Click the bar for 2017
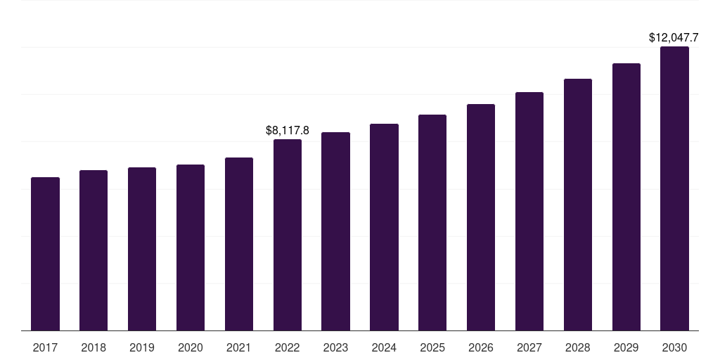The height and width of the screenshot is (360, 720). pyautogui.click(x=45, y=254)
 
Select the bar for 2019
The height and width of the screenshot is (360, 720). pyautogui.click(x=142, y=249)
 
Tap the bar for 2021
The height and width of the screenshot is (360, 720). pyautogui.click(x=239, y=244)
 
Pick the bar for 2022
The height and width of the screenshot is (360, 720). pyautogui.click(x=288, y=235)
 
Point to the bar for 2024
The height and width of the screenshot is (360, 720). pyautogui.click(x=385, y=227)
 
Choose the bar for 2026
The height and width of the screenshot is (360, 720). pyautogui.click(x=481, y=217)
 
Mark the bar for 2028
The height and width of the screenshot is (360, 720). pyautogui.click(x=578, y=205)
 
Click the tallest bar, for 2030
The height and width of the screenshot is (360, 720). pyautogui.click(x=674, y=188)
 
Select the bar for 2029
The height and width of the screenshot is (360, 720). pyautogui.click(x=626, y=197)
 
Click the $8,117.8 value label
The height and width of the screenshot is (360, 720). pyautogui.click(x=288, y=130)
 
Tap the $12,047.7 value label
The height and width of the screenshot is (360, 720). pyautogui.click(x=674, y=38)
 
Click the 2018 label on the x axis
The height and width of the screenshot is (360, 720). pyautogui.click(x=94, y=347)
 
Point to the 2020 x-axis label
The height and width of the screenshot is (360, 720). pyautogui.click(x=191, y=347)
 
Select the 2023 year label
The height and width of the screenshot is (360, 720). pyautogui.click(x=335, y=347)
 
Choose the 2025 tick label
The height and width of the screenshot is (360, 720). pyautogui.click(x=432, y=347)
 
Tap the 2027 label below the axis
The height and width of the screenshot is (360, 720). pyautogui.click(x=529, y=347)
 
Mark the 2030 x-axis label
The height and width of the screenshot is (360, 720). pyautogui.click(x=674, y=347)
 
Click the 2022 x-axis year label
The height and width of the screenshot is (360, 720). pyautogui.click(x=288, y=347)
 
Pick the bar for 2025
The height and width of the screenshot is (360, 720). pyautogui.click(x=432, y=223)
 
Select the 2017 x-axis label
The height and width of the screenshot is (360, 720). pyautogui.click(x=45, y=347)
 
